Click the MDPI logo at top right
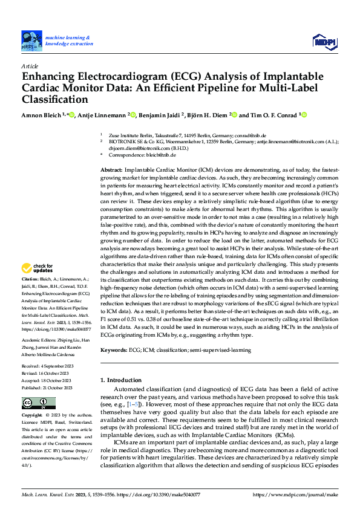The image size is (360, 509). coord(323,41)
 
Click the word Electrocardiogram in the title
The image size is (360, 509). coord(110,77)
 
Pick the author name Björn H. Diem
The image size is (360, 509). coord(218,115)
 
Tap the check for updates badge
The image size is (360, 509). coord(37,268)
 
